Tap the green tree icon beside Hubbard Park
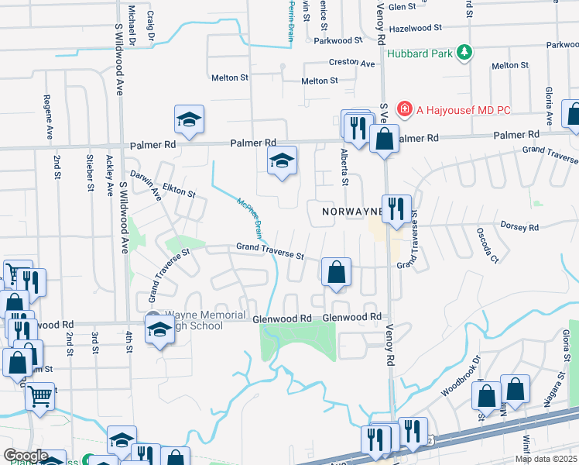(x=464, y=52)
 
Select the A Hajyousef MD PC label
(x=464, y=110)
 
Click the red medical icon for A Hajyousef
(x=404, y=110)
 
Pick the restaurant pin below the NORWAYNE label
(x=396, y=209)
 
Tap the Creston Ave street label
(x=353, y=62)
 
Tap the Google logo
(x=26, y=456)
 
